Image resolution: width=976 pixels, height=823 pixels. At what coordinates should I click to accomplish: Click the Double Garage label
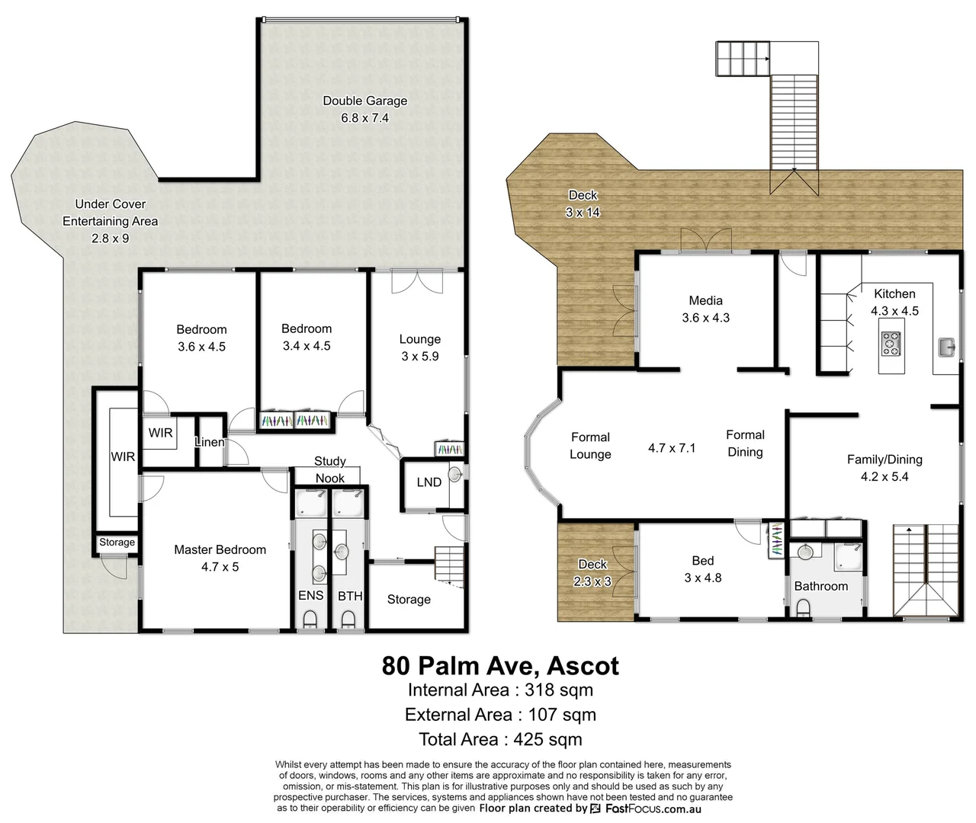coord(364,101)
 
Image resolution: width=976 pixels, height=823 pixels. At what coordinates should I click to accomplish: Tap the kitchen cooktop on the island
coord(890,344)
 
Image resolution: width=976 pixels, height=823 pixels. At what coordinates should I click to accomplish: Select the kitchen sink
coord(946,347)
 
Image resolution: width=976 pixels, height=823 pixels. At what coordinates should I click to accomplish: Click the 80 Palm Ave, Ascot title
coord(500,665)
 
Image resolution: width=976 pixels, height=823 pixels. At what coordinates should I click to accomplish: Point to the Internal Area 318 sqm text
coord(500,690)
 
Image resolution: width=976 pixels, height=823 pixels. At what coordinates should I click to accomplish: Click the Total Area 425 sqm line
coord(500,739)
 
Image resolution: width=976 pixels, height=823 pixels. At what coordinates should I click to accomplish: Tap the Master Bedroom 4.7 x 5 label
coord(220,558)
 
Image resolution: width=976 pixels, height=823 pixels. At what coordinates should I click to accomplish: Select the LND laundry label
coord(429,482)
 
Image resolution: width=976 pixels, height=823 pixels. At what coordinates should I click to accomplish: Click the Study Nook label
coord(329,469)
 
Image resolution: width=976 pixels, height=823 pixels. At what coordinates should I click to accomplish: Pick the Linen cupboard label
coord(210,442)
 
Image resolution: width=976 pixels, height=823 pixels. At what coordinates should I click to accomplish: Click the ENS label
coord(310,596)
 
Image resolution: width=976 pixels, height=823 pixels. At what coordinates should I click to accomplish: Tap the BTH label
coord(350,596)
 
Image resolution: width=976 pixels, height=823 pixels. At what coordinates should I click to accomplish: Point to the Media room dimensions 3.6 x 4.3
coord(705,318)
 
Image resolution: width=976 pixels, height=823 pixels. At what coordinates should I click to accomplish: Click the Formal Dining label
coord(745,443)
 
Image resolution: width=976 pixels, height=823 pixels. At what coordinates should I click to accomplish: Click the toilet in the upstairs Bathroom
coord(801,606)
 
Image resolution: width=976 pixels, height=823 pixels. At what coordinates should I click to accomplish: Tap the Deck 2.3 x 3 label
coord(592,572)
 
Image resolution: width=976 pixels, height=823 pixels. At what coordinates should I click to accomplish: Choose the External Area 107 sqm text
coord(500,715)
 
